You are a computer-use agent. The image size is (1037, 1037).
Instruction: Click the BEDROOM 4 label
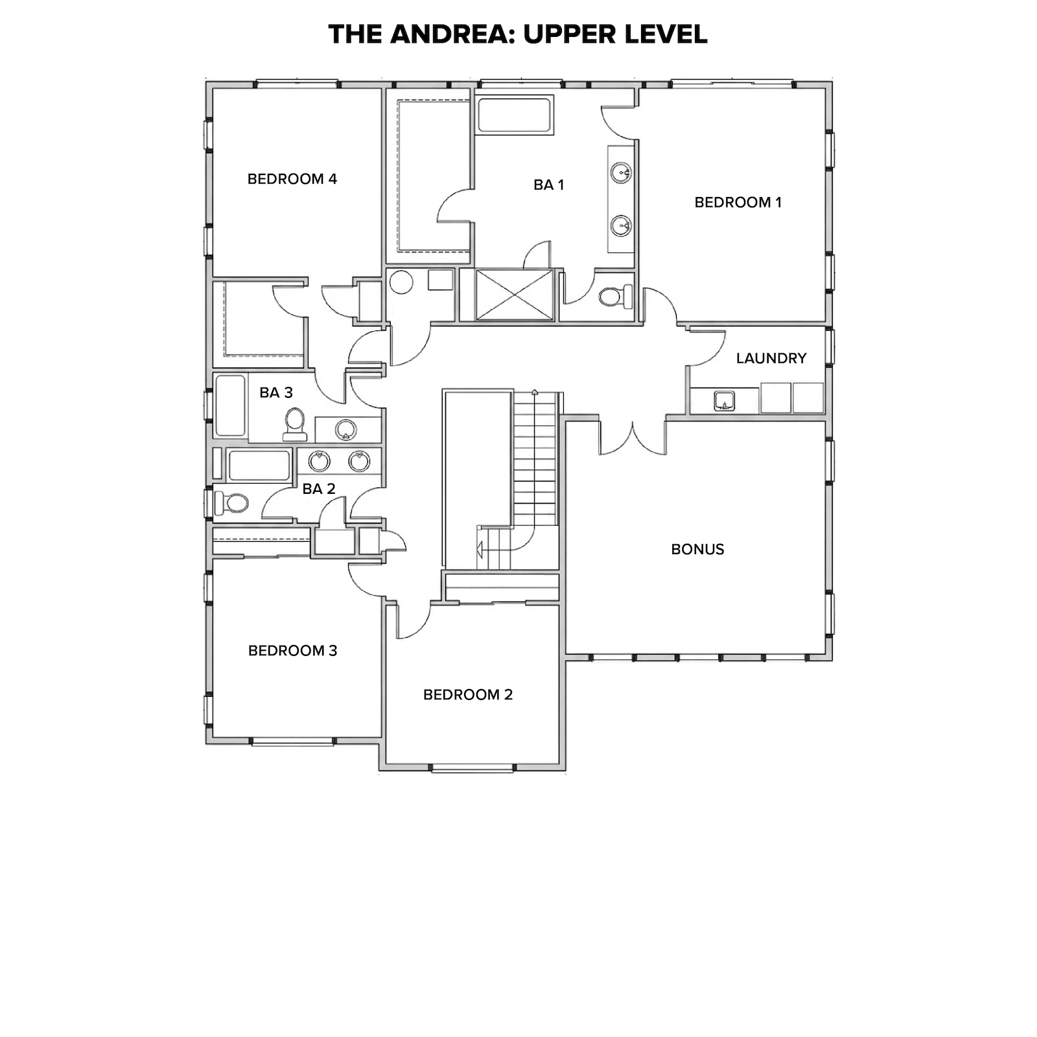pyautogui.click(x=292, y=179)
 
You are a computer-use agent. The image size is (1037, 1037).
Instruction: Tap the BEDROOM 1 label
pyautogui.click(x=738, y=202)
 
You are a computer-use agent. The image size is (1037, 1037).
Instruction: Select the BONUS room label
pyautogui.click(x=697, y=549)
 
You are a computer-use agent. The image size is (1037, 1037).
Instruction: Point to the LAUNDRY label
pyautogui.click(x=771, y=358)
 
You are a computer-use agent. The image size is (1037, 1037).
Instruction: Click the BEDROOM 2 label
pyautogui.click(x=468, y=695)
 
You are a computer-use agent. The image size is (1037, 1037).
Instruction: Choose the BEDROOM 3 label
pyautogui.click(x=293, y=651)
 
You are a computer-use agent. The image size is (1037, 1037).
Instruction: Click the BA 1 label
pyautogui.click(x=549, y=185)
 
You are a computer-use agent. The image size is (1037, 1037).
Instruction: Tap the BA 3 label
pyautogui.click(x=276, y=392)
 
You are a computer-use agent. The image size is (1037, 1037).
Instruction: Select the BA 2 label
pyautogui.click(x=319, y=489)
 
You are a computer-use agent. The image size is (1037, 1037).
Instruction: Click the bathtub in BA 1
pyautogui.click(x=515, y=115)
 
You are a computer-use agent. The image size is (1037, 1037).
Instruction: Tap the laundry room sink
pyautogui.click(x=724, y=401)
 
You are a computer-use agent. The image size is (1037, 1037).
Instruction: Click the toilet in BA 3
pyautogui.click(x=295, y=425)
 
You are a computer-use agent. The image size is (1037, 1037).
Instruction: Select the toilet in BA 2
pyautogui.click(x=231, y=502)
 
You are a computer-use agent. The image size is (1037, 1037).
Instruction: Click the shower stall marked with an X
pyautogui.click(x=515, y=295)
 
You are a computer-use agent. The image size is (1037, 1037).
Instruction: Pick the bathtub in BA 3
pyautogui.click(x=230, y=406)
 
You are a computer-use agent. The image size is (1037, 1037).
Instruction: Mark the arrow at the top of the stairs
pyautogui.click(x=535, y=392)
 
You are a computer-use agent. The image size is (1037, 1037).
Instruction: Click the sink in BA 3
pyautogui.click(x=345, y=429)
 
